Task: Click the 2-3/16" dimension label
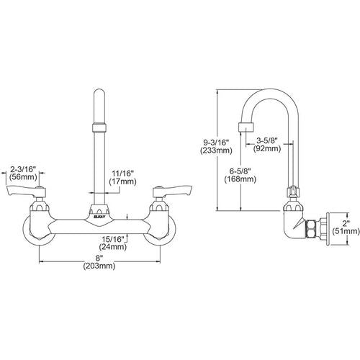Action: point(23,169)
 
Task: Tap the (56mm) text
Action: point(23,177)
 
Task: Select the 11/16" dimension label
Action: point(122,174)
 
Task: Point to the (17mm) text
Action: point(122,181)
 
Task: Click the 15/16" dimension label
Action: point(113,239)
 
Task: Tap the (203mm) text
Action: point(99,266)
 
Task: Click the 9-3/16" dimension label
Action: point(215,143)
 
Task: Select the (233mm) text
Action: point(216,150)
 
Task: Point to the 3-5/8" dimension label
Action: point(267,140)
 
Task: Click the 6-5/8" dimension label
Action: point(240,171)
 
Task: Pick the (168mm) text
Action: point(240,179)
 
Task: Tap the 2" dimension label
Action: point(345,223)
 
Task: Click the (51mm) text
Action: point(346,231)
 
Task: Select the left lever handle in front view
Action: point(26,190)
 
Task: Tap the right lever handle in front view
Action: point(173,189)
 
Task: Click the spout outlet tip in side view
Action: point(246,127)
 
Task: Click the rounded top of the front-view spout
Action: point(99,93)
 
